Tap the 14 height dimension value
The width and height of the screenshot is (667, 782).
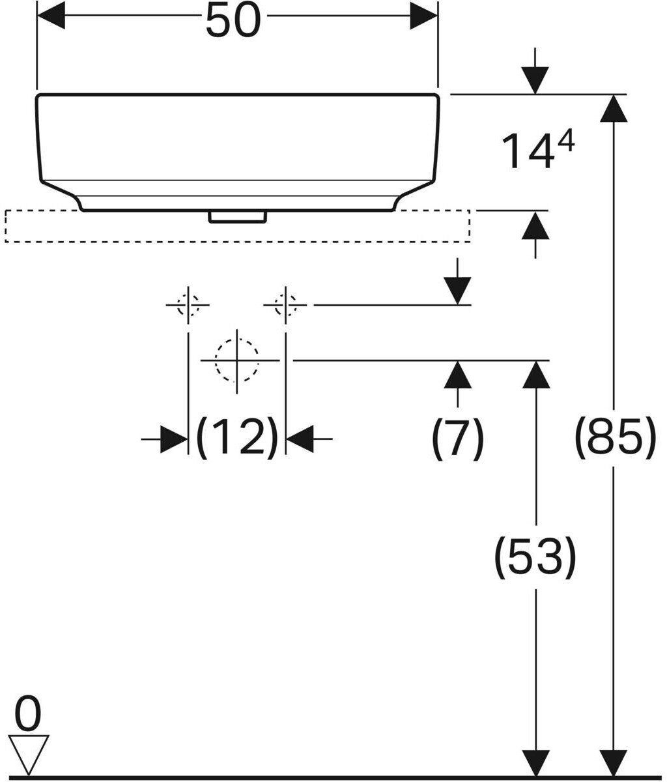(x=528, y=151)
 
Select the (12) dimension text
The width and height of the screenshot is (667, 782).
(x=237, y=437)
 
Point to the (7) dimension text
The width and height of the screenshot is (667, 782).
(x=458, y=437)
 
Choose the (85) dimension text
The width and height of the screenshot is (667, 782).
(x=614, y=437)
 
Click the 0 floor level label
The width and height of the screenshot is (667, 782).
(x=28, y=714)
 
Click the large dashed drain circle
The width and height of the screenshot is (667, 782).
(x=237, y=360)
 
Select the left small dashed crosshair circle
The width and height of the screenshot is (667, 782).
(x=188, y=304)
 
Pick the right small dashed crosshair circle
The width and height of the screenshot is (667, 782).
(x=285, y=304)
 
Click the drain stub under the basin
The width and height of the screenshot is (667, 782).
(x=237, y=217)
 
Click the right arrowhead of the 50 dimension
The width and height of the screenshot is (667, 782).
(x=423, y=16)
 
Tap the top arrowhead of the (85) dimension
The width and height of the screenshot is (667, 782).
(x=614, y=109)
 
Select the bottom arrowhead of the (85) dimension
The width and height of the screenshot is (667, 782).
(x=614, y=762)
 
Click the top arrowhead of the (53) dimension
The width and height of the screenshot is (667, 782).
(x=535, y=374)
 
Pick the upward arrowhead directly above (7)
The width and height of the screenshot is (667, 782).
(x=459, y=374)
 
